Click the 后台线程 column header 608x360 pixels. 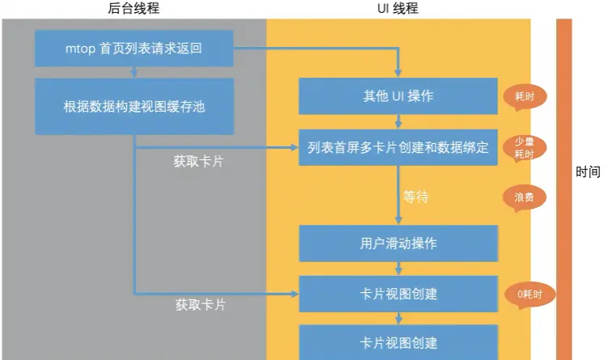(x=134, y=8)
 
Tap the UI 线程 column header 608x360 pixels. (x=398, y=8)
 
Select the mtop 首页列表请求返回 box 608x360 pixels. (x=134, y=49)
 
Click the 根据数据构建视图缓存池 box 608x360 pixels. (x=134, y=106)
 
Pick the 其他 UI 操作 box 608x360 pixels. (x=398, y=96)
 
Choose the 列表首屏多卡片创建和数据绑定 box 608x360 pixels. (x=398, y=147)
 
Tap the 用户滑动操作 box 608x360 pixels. (x=398, y=244)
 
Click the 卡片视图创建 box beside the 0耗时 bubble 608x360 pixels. (x=398, y=294)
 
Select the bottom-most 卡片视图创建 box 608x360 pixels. (x=398, y=342)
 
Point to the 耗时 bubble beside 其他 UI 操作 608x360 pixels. (x=525, y=96)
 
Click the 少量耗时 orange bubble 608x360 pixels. (x=525, y=147)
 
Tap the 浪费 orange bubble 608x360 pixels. (x=525, y=197)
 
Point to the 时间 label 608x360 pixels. (x=589, y=172)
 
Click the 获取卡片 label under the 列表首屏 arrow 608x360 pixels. (x=198, y=162)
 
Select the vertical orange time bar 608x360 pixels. (x=563, y=186)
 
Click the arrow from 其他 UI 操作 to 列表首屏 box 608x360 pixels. (x=398, y=122)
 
